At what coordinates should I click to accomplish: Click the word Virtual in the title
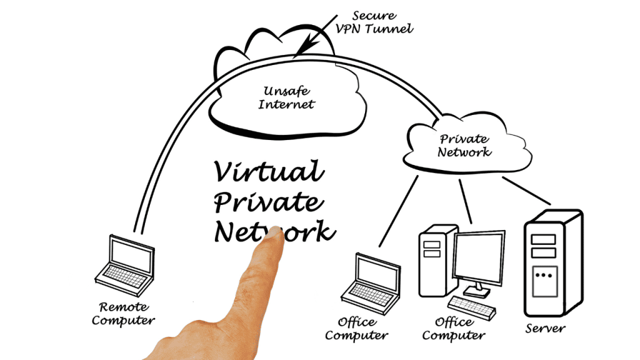(269, 171)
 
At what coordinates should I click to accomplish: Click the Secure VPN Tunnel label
(374, 22)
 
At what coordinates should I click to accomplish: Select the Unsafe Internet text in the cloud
(286, 97)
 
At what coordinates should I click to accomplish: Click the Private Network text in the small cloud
(464, 145)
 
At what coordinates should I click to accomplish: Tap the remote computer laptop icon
(124, 265)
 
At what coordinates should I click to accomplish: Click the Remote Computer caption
(123, 314)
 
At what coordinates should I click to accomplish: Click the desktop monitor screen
(479, 256)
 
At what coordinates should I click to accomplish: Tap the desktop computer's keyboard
(472, 307)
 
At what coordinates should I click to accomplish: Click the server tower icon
(554, 263)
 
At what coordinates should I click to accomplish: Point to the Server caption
(545, 328)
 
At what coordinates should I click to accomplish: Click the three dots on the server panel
(544, 275)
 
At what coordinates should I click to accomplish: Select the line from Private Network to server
(526, 191)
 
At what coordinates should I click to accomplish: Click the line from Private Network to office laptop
(399, 211)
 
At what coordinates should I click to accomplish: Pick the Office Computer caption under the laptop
(356, 329)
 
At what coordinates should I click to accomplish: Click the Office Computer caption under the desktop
(454, 329)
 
